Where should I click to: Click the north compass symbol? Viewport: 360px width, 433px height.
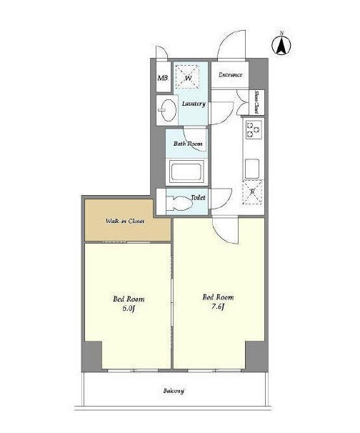pyautogui.click(x=281, y=45)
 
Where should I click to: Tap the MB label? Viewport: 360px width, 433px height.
pyautogui.click(x=162, y=78)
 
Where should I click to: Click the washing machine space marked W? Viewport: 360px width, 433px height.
pyautogui.click(x=188, y=76)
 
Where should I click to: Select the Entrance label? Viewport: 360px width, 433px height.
pyautogui.click(x=230, y=74)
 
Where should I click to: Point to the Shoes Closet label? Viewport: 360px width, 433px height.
pyautogui.click(x=256, y=102)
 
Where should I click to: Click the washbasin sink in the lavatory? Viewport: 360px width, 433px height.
pyautogui.click(x=168, y=109)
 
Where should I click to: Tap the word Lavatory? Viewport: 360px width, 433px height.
pyautogui.click(x=194, y=104)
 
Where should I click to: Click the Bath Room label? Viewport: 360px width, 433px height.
pyautogui.click(x=188, y=144)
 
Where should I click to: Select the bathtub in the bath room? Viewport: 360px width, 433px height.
pyautogui.click(x=186, y=172)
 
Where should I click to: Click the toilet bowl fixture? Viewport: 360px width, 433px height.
pyautogui.click(x=179, y=203)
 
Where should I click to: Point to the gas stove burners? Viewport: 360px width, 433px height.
pyautogui.click(x=254, y=129)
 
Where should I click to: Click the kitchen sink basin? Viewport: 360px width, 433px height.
pyautogui.click(x=252, y=169)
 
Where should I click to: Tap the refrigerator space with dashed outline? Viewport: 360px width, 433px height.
pyautogui.click(x=252, y=192)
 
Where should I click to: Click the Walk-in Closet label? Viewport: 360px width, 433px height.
pyautogui.click(x=125, y=221)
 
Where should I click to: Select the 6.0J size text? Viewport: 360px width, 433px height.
pyautogui.click(x=129, y=308)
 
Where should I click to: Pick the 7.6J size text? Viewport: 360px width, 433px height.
pyautogui.click(x=218, y=307)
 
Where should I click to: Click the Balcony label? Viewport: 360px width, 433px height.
pyautogui.click(x=174, y=391)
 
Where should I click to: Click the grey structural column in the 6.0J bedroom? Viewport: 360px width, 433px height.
pyautogui.click(x=92, y=356)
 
